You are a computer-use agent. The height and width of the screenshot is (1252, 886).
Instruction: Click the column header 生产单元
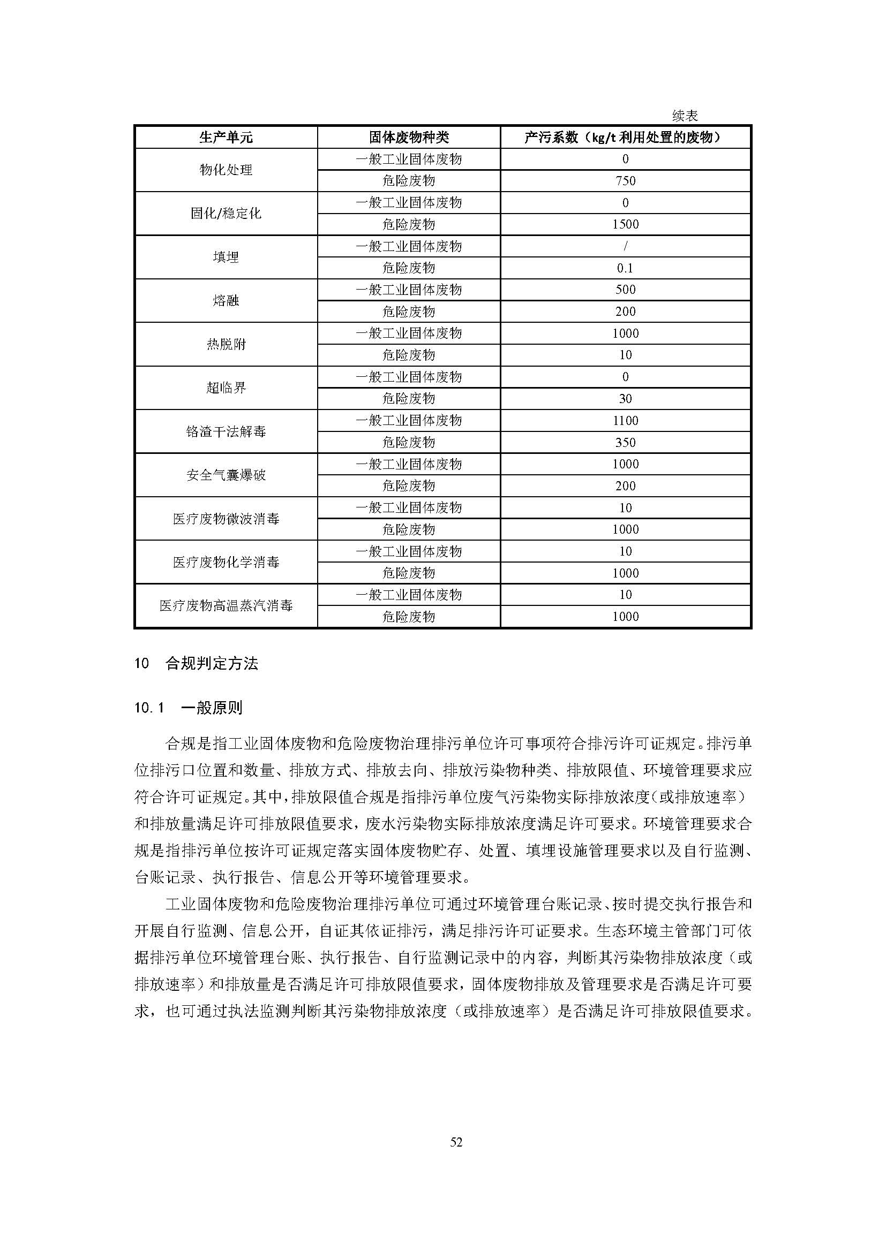point(226,138)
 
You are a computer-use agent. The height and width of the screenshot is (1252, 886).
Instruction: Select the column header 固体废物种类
point(408,138)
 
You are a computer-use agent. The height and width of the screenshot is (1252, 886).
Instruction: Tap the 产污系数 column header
point(625,138)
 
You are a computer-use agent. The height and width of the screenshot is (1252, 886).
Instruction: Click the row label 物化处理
point(226,170)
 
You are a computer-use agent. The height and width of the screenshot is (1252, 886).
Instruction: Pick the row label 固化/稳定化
point(226,214)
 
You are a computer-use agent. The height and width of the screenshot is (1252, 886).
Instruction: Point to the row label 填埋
point(226,257)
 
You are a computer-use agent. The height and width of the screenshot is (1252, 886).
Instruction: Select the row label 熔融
point(226,301)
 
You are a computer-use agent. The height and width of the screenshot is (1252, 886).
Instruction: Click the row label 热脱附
point(226,345)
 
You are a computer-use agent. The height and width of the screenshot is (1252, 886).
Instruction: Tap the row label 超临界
point(226,388)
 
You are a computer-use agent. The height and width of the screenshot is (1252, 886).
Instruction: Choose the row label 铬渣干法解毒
point(226,432)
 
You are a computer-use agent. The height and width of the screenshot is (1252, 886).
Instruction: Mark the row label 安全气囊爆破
point(226,475)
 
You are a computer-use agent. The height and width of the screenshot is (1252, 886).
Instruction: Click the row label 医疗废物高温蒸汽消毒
point(226,606)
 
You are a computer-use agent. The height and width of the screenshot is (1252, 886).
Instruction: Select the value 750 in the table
point(625,181)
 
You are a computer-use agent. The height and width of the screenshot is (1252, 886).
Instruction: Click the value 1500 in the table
point(625,225)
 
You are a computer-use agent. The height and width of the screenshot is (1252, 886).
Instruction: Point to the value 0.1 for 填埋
point(625,268)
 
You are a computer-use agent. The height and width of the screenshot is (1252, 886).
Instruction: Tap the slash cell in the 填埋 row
point(625,246)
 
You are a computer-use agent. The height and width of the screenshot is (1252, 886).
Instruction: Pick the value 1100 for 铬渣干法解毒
point(625,421)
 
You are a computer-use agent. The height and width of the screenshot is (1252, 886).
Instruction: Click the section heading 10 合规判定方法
point(196,664)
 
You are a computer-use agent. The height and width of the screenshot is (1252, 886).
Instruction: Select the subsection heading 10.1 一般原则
point(188,708)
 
